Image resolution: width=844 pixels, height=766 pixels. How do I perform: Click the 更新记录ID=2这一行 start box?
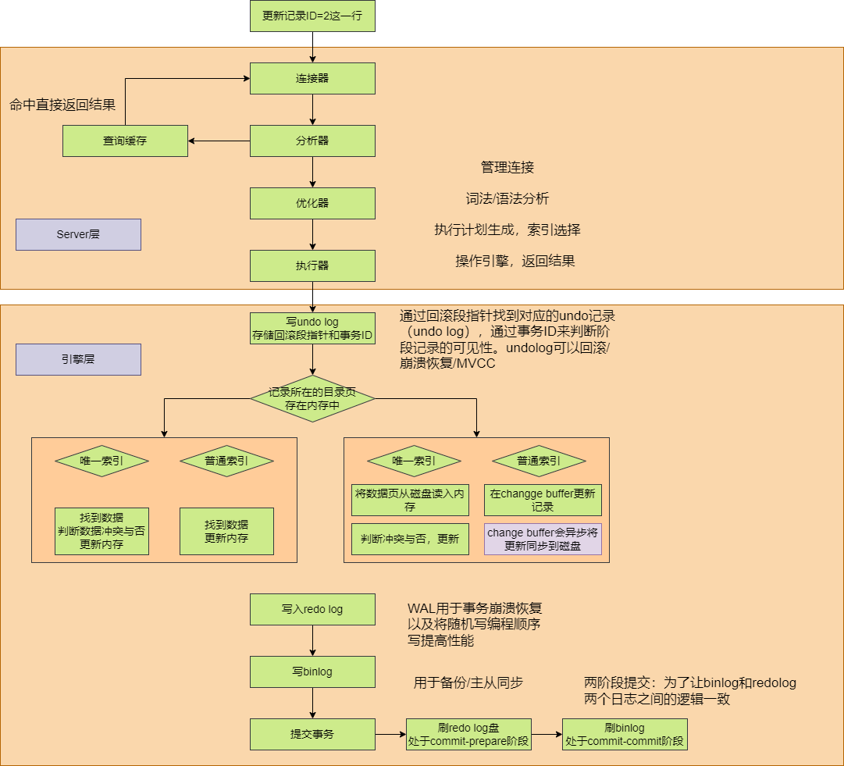tap(312, 16)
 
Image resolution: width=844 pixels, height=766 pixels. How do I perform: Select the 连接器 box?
tap(312, 78)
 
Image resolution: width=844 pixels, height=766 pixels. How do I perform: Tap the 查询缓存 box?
tap(125, 141)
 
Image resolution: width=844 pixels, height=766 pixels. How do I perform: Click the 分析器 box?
tap(312, 141)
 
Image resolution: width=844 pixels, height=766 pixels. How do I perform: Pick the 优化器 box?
tap(312, 203)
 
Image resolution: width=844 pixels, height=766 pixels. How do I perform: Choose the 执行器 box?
tap(312, 265)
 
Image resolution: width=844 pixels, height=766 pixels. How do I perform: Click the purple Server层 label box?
tap(78, 234)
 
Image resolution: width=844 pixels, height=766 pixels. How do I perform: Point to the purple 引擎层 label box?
tap(78, 359)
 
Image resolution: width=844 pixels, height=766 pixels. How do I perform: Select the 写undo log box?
tap(312, 329)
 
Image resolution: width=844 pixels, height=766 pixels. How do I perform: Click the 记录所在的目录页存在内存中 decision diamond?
tap(312, 399)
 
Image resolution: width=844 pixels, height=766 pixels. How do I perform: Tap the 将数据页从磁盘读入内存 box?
tap(410, 500)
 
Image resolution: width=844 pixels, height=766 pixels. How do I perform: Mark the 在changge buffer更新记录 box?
tap(543, 500)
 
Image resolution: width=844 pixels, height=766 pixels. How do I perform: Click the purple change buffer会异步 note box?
tap(543, 539)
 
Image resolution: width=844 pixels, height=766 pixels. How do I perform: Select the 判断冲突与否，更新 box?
tap(410, 539)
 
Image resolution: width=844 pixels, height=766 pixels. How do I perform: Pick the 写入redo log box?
tap(312, 609)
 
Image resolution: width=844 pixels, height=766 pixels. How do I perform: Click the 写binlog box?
tap(312, 672)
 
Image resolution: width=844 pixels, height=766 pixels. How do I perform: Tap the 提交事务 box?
tap(312, 734)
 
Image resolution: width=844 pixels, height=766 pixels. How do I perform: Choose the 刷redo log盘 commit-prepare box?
tap(468, 735)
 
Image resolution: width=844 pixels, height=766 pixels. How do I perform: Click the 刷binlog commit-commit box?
tap(625, 735)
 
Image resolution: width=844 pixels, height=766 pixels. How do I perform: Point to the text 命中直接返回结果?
tap(62, 105)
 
